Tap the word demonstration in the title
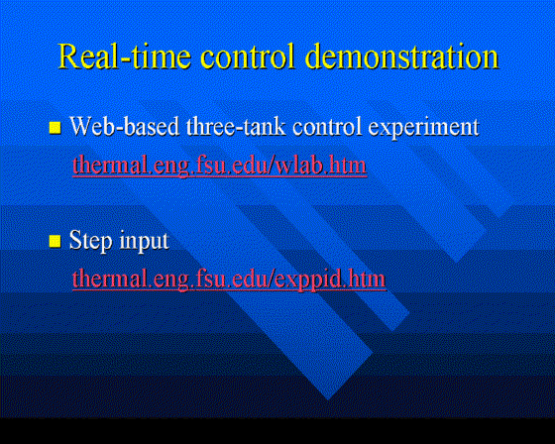(401, 55)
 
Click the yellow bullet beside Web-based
(55, 128)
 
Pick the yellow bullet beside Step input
(55, 242)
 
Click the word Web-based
(124, 126)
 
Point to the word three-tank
(236, 126)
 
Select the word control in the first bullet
(327, 127)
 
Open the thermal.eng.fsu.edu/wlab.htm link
(219, 166)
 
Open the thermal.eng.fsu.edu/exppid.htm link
(229, 279)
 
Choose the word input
(144, 242)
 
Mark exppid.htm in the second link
(330, 279)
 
